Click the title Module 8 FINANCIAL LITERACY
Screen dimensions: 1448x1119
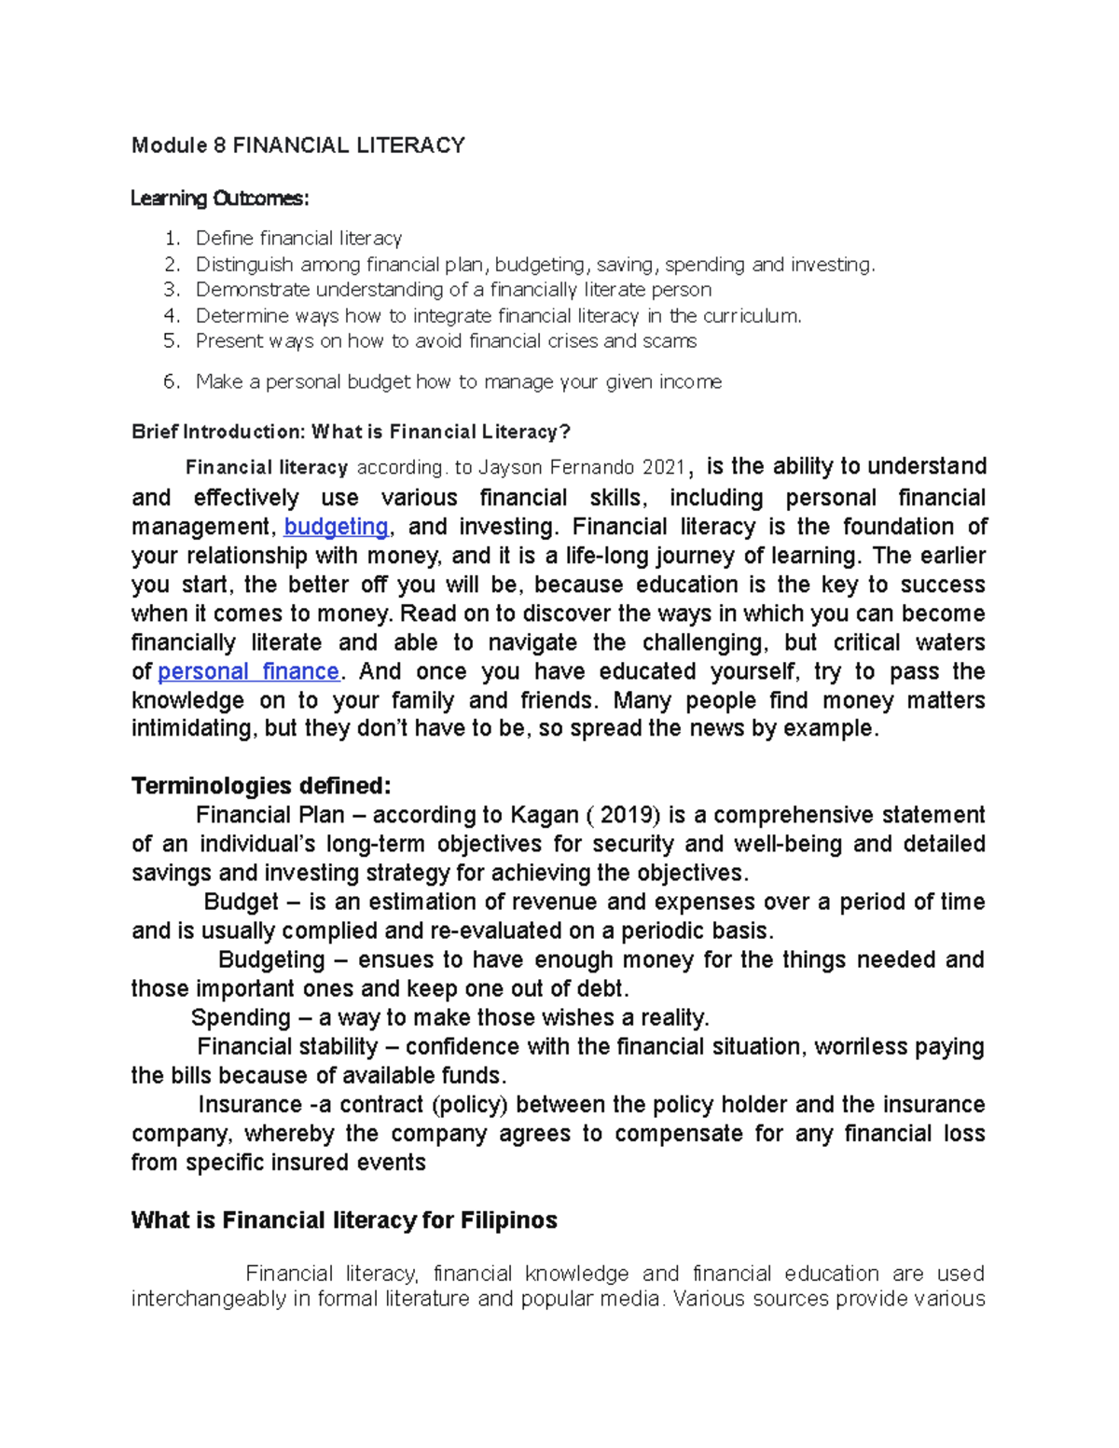click(x=297, y=145)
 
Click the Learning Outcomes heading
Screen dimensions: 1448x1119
click(x=219, y=199)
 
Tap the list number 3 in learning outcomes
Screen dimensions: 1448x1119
click(x=171, y=290)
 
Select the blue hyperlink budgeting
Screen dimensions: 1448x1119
click(x=336, y=527)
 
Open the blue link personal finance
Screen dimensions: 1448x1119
click(x=248, y=671)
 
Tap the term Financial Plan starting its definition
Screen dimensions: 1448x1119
click(x=269, y=815)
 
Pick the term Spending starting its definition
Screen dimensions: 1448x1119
click(x=241, y=1017)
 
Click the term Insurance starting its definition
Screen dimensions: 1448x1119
click(x=249, y=1105)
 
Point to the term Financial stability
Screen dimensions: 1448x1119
click(x=287, y=1046)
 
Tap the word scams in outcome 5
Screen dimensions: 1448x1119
click(x=669, y=341)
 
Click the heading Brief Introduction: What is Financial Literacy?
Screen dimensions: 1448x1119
click(x=351, y=432)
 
